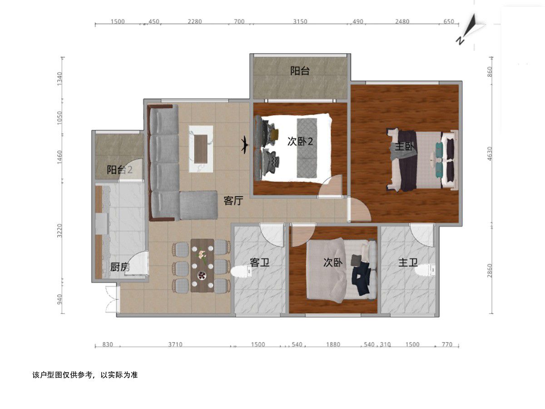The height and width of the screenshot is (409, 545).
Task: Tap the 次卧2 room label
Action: click(300, 141)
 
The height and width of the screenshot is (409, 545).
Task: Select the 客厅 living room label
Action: click(233, 200)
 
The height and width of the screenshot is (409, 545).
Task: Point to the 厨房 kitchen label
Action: click(120, 267)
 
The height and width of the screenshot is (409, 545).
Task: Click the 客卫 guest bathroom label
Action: click(259, 262)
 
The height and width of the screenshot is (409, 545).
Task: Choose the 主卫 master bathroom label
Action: click(408, 262)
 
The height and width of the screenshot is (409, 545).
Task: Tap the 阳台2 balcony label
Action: click(119, 170)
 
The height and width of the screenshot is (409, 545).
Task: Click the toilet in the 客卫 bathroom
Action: click(242, 271)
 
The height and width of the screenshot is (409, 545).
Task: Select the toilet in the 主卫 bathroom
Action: click(425, 269)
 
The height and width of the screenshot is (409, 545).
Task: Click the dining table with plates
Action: click(202, 265)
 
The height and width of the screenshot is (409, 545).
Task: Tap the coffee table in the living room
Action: click(201, 149)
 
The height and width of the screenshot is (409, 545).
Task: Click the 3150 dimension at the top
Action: click(300, 21)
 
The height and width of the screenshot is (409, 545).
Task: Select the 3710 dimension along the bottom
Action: click(175, 344)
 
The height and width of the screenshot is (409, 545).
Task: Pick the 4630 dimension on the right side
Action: click(490, 154)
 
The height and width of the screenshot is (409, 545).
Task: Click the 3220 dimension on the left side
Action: click(59, 230)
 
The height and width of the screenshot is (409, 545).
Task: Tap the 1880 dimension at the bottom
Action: click(333, 344)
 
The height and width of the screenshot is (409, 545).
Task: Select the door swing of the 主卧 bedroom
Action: click(359, 209)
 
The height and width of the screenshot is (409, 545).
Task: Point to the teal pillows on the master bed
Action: click(439, 160)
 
